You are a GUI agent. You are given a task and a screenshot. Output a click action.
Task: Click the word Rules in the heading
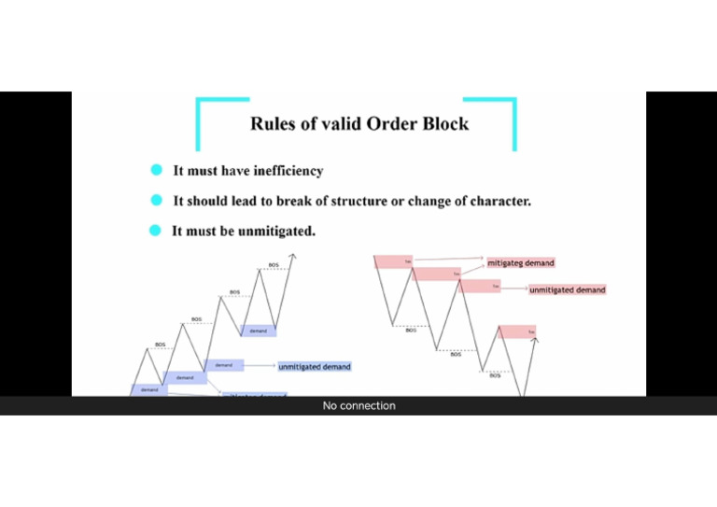272,123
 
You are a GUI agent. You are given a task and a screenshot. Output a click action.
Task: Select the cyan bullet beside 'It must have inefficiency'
158,171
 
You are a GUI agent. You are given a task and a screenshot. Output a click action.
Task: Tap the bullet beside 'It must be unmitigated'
157,231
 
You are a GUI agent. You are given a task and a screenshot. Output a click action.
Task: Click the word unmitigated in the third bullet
275,232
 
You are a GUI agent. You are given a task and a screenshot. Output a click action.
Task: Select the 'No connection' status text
358,406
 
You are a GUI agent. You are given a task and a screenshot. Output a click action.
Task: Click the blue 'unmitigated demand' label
315,367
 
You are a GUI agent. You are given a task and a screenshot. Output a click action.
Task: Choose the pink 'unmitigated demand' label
567,290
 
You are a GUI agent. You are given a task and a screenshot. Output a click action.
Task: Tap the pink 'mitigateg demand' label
520,263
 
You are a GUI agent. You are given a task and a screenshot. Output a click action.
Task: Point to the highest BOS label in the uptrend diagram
274,265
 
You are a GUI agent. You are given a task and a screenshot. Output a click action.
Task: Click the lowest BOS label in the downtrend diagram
495,375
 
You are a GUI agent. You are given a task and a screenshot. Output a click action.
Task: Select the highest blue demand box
259,331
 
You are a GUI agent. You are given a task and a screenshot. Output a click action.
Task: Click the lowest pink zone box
517,331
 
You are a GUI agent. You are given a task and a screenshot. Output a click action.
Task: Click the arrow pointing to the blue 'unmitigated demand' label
261,367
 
